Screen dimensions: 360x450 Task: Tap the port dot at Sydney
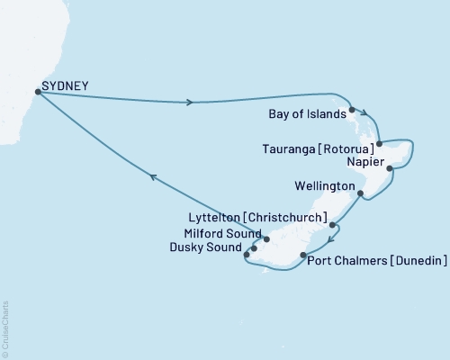(37, 91)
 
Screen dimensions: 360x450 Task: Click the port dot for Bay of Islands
(353, 111)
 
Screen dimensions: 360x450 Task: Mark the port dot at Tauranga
(380, 143)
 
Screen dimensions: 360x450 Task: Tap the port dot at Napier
(389, 168)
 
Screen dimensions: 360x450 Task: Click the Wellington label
(325, 186)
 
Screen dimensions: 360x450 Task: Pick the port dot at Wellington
(360, 193)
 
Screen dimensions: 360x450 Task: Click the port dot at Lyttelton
(332, 225)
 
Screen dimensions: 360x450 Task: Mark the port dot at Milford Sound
(266, 239)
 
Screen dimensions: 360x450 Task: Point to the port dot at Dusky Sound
(254, 248)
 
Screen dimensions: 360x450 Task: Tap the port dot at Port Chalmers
(302, 256)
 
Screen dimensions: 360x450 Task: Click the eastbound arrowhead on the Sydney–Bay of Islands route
(189, 102)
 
